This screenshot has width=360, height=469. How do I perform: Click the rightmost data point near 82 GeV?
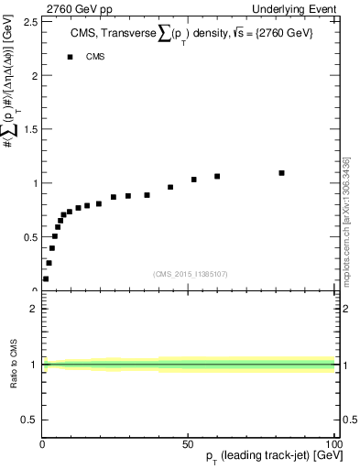(x=281, y=172)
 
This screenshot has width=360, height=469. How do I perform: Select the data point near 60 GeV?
(x=217, y=176)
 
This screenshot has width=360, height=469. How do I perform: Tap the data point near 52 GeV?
(x=194, y=180)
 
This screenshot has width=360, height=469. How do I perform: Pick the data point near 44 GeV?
(x=170, y=187)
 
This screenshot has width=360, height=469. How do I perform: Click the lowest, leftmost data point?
(x=46, y=278)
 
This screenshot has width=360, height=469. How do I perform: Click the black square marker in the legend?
(x=70, y=57)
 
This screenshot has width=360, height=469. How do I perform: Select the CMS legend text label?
(x=95, y=57)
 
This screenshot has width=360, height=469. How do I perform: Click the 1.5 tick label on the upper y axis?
(x=31, y=128)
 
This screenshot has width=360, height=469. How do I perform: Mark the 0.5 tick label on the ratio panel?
(x=31, y=420)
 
